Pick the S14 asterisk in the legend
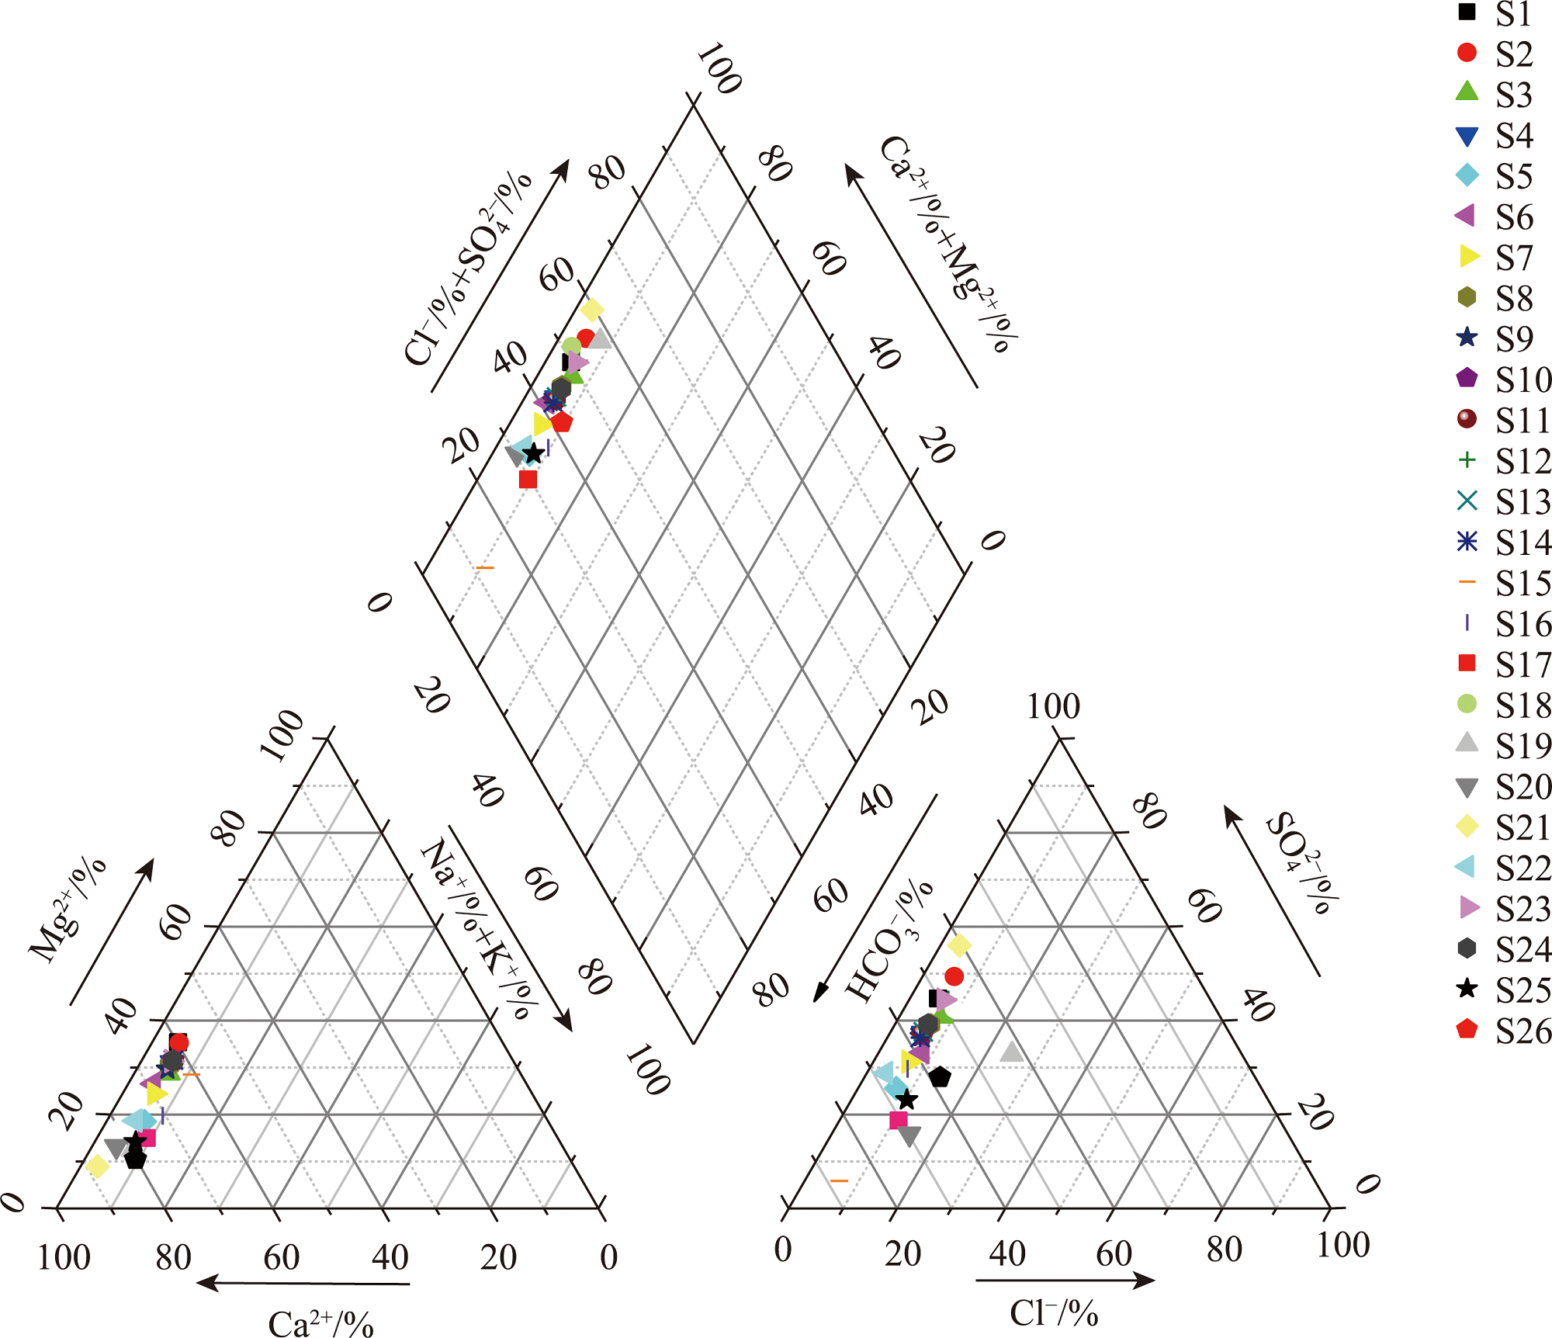(1467, 541)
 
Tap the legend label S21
(1523, 827)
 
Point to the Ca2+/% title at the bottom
(320, 1322)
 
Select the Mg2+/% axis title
(68, 910)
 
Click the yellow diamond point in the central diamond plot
(591, 310)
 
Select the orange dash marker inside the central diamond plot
(484, 568)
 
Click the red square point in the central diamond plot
(528, 480)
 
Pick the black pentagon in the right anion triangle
(940, 1076)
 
